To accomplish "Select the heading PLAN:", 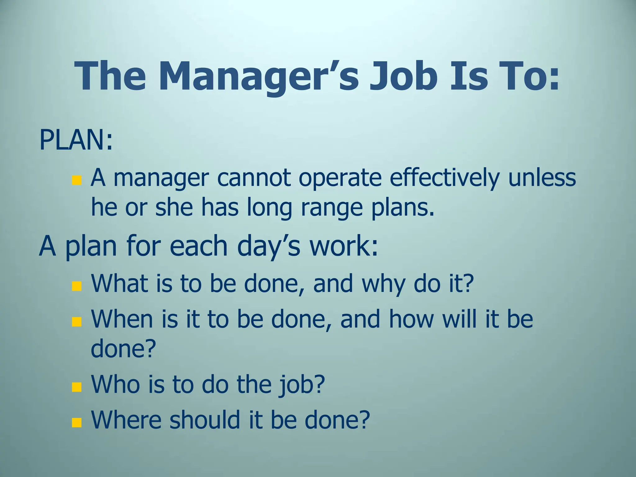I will tap(76, 140).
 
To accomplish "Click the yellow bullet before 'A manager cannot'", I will tap(76, 180).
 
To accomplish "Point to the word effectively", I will tap(444, 178).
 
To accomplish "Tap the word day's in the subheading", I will tap(269, 246).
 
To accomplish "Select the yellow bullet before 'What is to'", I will tap(76, 286).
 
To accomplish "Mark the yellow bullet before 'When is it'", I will tap(76, 322).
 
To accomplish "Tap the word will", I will tap(460, 319).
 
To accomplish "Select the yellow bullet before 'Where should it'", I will tap(76, 423).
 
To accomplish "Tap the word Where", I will tap(126, 420).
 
